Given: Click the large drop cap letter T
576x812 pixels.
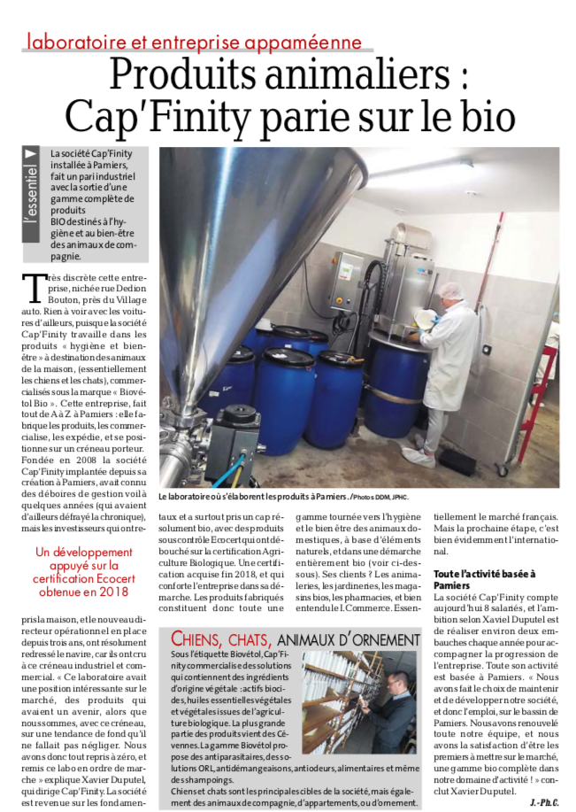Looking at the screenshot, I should pos(32,288).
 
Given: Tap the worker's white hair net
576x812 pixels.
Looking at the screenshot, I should pos(451,290).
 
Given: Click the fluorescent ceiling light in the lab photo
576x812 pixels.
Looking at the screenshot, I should pos(416,168).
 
